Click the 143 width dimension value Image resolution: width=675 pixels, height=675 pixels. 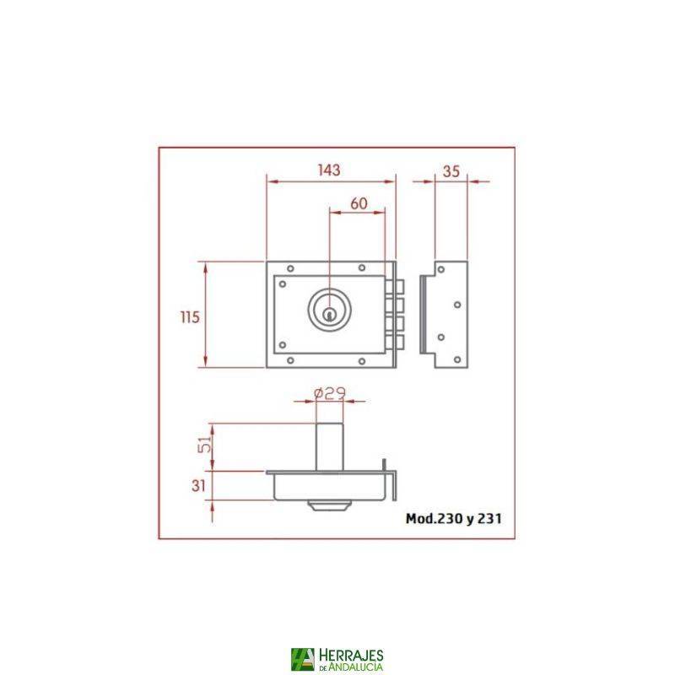click(x=329, y=170)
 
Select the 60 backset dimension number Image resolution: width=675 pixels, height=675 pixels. click(x=358, y=203)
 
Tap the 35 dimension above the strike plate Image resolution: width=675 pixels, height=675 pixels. click(x=451, y=170)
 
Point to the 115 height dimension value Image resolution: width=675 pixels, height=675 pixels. click(x=189, y=317)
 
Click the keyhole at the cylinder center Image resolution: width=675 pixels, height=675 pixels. click(x=328, y=315)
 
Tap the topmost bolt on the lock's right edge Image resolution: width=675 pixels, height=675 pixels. click(x=396, y=287)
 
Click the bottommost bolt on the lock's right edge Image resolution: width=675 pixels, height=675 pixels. click(x=396, y=343)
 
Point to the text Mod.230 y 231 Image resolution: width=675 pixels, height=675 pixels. click(x=454, y=519)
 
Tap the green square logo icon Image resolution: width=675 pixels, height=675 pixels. click(x=301, y=660)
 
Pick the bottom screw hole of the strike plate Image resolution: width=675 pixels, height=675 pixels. click(x=456, y=360)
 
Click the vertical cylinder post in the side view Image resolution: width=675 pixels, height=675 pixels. click(x=328, y=445)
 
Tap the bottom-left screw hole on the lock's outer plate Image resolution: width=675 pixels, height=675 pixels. click(x=290, y=361)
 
